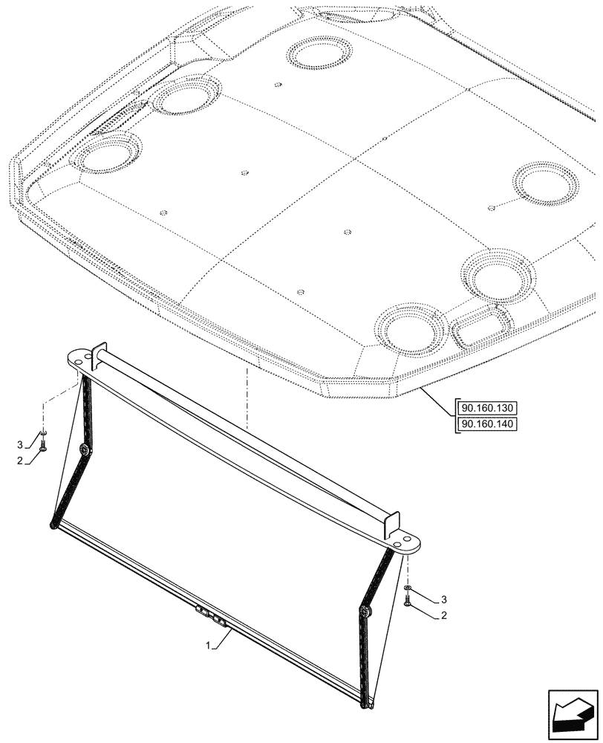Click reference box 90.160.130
486,408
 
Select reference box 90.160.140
486,424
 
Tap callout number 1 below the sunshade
207,646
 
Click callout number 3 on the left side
20,445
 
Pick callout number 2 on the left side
20,461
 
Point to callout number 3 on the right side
444,600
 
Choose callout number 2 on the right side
444,615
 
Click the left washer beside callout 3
43,432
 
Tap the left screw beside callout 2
43,445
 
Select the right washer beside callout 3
408,588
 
